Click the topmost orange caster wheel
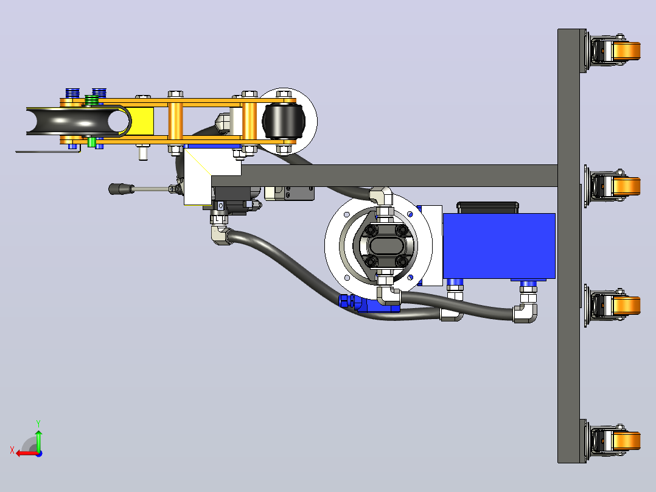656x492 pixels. [x=626, y=51]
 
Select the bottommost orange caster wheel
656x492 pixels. [x=626, y=441]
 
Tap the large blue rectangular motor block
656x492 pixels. [x=499, y=246]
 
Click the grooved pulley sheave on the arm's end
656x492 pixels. [x=77, y=121]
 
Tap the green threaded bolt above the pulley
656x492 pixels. [x=92, y=100]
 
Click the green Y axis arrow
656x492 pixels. [x=38, y=439]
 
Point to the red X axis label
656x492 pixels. [x=12, y=451]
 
